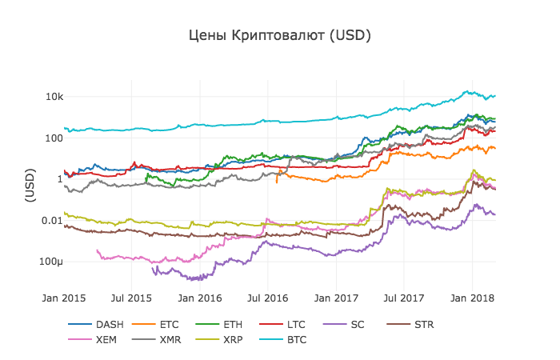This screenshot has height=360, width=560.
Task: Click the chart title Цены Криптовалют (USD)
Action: pos(280,36)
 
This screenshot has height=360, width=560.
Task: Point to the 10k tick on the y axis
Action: pos(54,96)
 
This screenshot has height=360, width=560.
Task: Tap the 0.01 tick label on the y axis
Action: pos(52,220)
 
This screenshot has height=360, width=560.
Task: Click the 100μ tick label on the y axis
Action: pos(50,262)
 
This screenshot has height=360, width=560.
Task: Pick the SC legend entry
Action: pos(357,325)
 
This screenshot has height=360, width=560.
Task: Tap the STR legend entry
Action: pos(424,325)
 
